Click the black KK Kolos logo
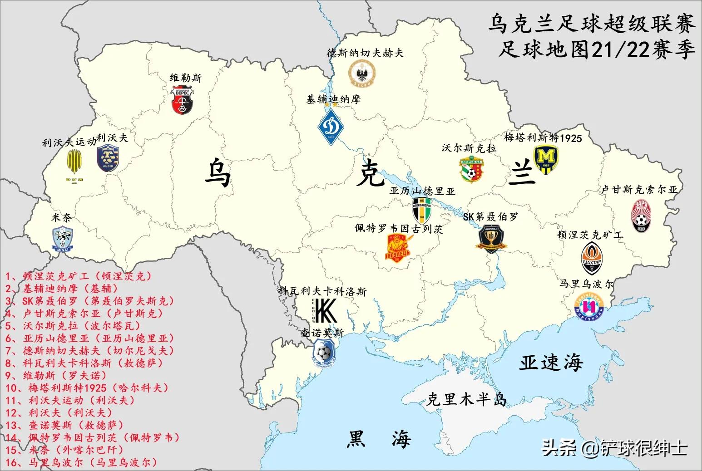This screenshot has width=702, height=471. click(325, 311)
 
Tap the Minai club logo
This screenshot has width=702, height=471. click(62, 239)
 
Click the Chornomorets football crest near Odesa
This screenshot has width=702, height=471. click(323, 353)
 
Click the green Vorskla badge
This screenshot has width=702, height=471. click(473, 170)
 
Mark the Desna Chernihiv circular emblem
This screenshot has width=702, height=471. click(362, 73)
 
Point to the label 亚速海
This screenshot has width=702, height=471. click(551, 362)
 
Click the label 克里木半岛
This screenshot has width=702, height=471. click(466, 399)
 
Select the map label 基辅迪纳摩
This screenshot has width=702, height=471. click(333, 99)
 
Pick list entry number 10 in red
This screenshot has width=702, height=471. click(87, 388)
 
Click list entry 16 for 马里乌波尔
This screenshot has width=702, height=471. click(81, 462)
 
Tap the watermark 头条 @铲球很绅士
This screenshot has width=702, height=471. click(615, 448)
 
